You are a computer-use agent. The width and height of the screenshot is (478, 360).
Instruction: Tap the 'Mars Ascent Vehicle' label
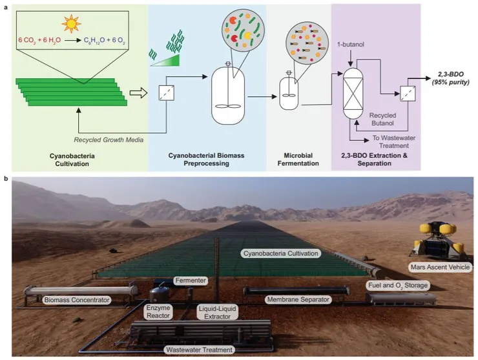click(439, 266)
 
